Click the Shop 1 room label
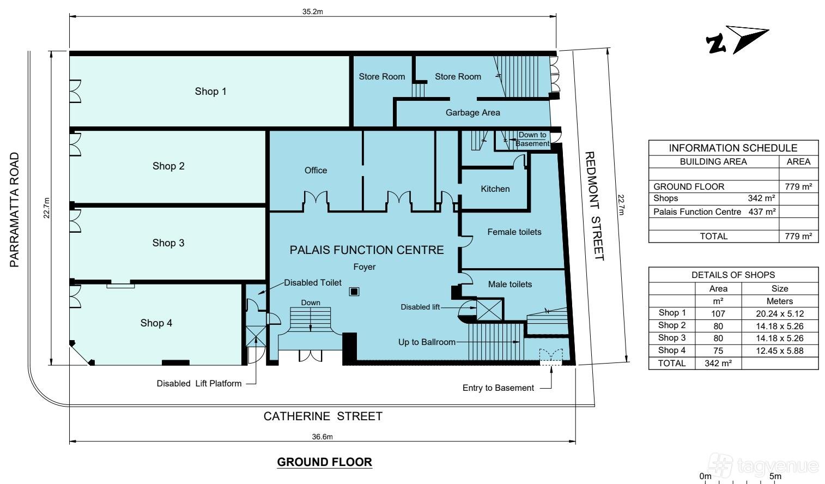(210, 92)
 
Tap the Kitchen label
(495, 189)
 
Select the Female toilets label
(514, 232)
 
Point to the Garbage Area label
(472, 113)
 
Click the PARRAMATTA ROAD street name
(14, 210)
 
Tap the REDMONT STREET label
(594, 206)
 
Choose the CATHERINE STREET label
(323, 416)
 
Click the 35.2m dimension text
(312, 11)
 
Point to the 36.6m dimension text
(322, 437)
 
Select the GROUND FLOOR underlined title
(324, 462)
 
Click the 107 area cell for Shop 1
(718, 314)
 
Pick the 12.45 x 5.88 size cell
(779, 350)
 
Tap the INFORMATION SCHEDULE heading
(733, 148)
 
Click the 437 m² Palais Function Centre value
(762, 212)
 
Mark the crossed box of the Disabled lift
(489, 310)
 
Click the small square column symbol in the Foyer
(354, 292)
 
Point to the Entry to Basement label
(498, 388)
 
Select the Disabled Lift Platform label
(199, 384)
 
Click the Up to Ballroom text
(427, 342)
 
